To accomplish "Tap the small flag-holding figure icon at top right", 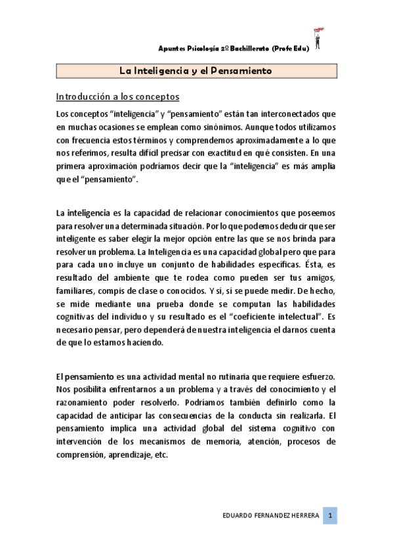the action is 319,39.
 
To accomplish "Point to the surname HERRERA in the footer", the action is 301,516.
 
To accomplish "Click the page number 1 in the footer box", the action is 332,515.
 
